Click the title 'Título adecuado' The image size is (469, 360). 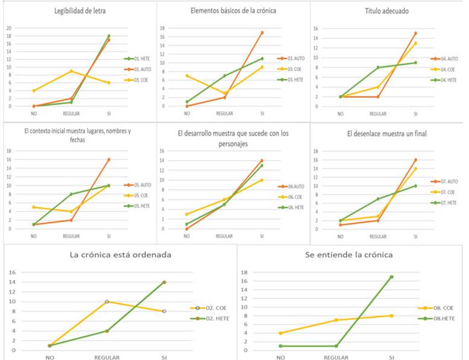coord(387,10)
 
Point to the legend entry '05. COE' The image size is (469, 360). coord(140,195)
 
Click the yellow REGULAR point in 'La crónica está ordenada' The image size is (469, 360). coord(107,302)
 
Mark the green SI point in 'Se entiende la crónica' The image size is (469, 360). coord(391,277)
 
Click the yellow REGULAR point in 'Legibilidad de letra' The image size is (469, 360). coord(72,71)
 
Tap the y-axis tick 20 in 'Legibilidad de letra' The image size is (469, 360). coord(8,28)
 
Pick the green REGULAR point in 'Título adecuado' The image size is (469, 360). coord(377,68)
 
